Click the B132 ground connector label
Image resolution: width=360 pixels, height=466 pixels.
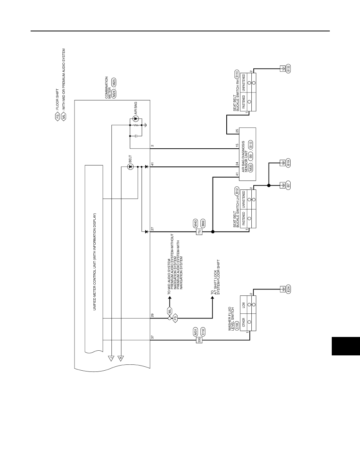[x=288, y=69]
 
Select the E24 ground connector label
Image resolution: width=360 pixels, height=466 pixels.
[x=288, y=289]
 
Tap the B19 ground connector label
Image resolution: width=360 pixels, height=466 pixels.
[x=288, y=163]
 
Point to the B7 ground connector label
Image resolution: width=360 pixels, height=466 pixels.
[x=288, y=185]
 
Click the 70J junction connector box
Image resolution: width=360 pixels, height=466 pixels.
[x=199, y=232]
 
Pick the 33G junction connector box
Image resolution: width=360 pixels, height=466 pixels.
[x=199, y=340]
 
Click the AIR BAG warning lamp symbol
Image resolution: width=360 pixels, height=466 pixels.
[x=136, y=118]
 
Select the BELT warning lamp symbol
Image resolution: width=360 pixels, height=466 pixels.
[x=130, y=167]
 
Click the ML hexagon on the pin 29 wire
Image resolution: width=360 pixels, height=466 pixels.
[x=169, y=311]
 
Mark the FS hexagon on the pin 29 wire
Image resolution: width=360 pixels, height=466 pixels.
[x=175, y=318]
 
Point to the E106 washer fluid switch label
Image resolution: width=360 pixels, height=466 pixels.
[x=237, y=326]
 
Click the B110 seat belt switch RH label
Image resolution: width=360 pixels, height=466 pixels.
[x=237, y=74]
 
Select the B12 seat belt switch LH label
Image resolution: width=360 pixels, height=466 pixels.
[x=237, y=191]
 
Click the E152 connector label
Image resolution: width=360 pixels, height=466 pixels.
[x=203, y=332]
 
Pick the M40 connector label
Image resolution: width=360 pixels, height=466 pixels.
[x=195, y=224]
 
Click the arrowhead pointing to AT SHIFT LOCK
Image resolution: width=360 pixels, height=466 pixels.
[x=213, y=298]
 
